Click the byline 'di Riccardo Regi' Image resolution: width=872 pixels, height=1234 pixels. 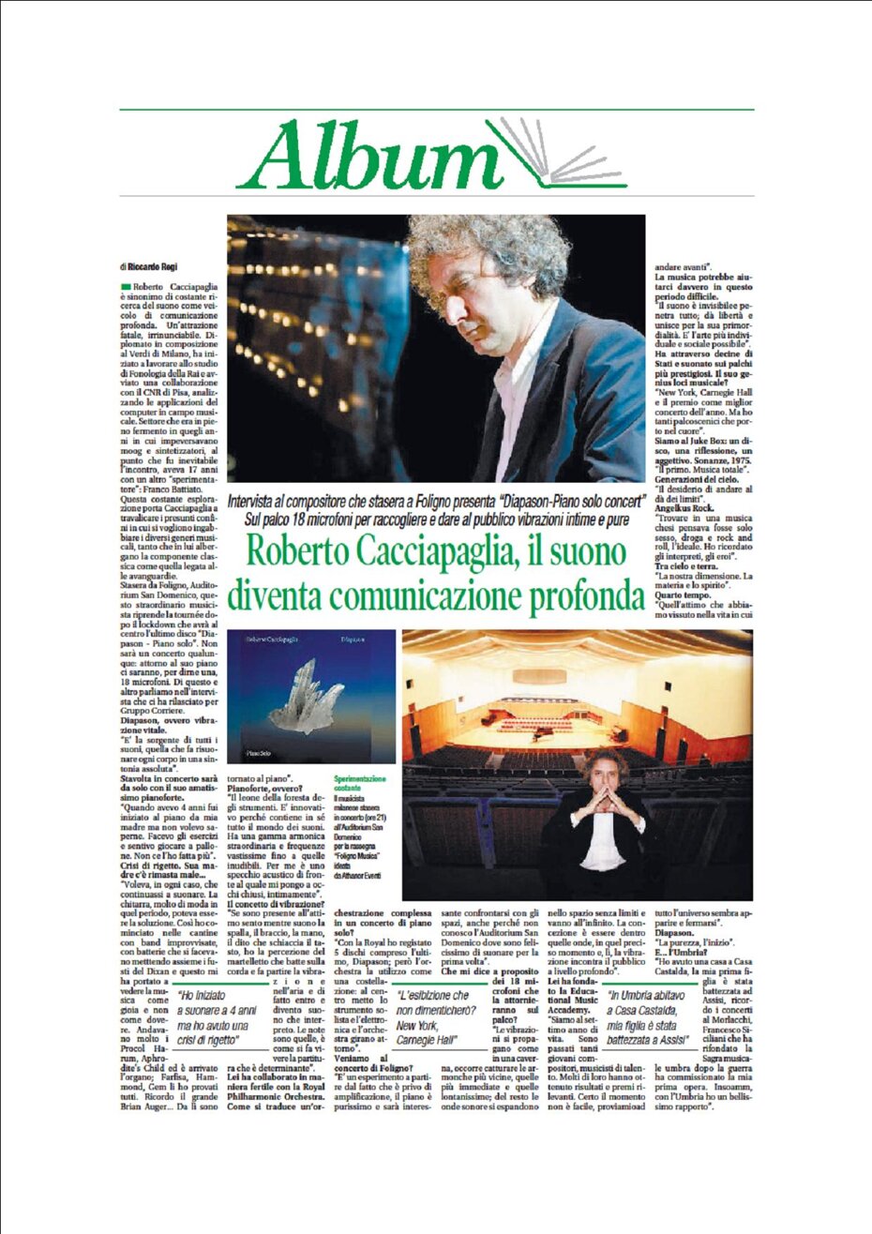148,268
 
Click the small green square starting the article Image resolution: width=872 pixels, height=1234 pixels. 125,285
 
